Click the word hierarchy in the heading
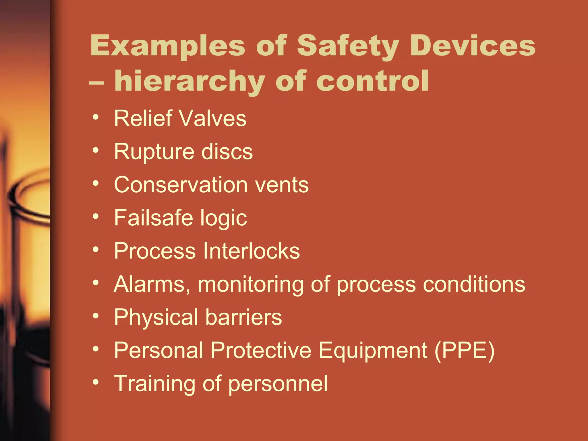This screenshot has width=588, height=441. [189, 82]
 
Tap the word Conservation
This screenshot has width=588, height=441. [181, 185]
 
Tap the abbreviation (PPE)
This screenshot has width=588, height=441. [465, 350]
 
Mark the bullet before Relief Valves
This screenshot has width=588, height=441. [96, 117]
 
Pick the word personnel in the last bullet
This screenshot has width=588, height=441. [278, 384]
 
